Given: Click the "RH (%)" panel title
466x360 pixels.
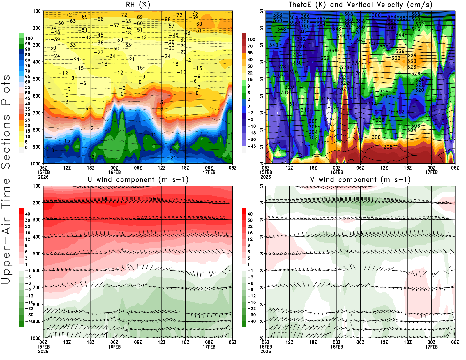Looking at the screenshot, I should click(x=138, y=5).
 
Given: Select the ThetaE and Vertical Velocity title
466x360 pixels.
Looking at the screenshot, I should click(x=360, y=5).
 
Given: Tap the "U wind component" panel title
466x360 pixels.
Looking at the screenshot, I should click(x=138, y=180).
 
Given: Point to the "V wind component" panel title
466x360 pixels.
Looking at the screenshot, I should click(x=360, y=180).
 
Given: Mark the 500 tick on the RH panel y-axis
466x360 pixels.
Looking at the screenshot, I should click(x=37, y=79).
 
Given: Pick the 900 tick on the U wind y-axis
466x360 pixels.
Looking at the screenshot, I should click(x=37, y=321).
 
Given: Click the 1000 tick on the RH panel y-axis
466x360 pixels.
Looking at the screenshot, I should click(x=36, y=164).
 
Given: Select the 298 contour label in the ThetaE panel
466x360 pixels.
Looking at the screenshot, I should click(x=388, y=147).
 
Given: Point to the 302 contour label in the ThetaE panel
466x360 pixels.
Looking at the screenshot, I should click(x=313, y=137).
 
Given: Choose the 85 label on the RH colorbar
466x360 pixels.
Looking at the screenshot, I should click(x=27, y=55).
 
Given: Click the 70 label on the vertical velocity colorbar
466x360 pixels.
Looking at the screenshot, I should click(x=250, y=46).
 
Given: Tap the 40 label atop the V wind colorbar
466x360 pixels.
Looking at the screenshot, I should click(x=250, y=214).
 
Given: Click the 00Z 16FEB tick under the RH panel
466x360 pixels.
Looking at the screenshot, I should click(x=114, y=170).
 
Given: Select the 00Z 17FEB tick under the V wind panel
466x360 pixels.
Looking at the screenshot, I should click(x=431, y=345).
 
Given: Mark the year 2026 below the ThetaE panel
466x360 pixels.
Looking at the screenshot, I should click(x=266, y=177).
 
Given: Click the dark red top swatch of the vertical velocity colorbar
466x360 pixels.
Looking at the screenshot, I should click(x=244, y=36).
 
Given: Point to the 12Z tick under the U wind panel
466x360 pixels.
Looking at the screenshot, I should click(x=67, y=342).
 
